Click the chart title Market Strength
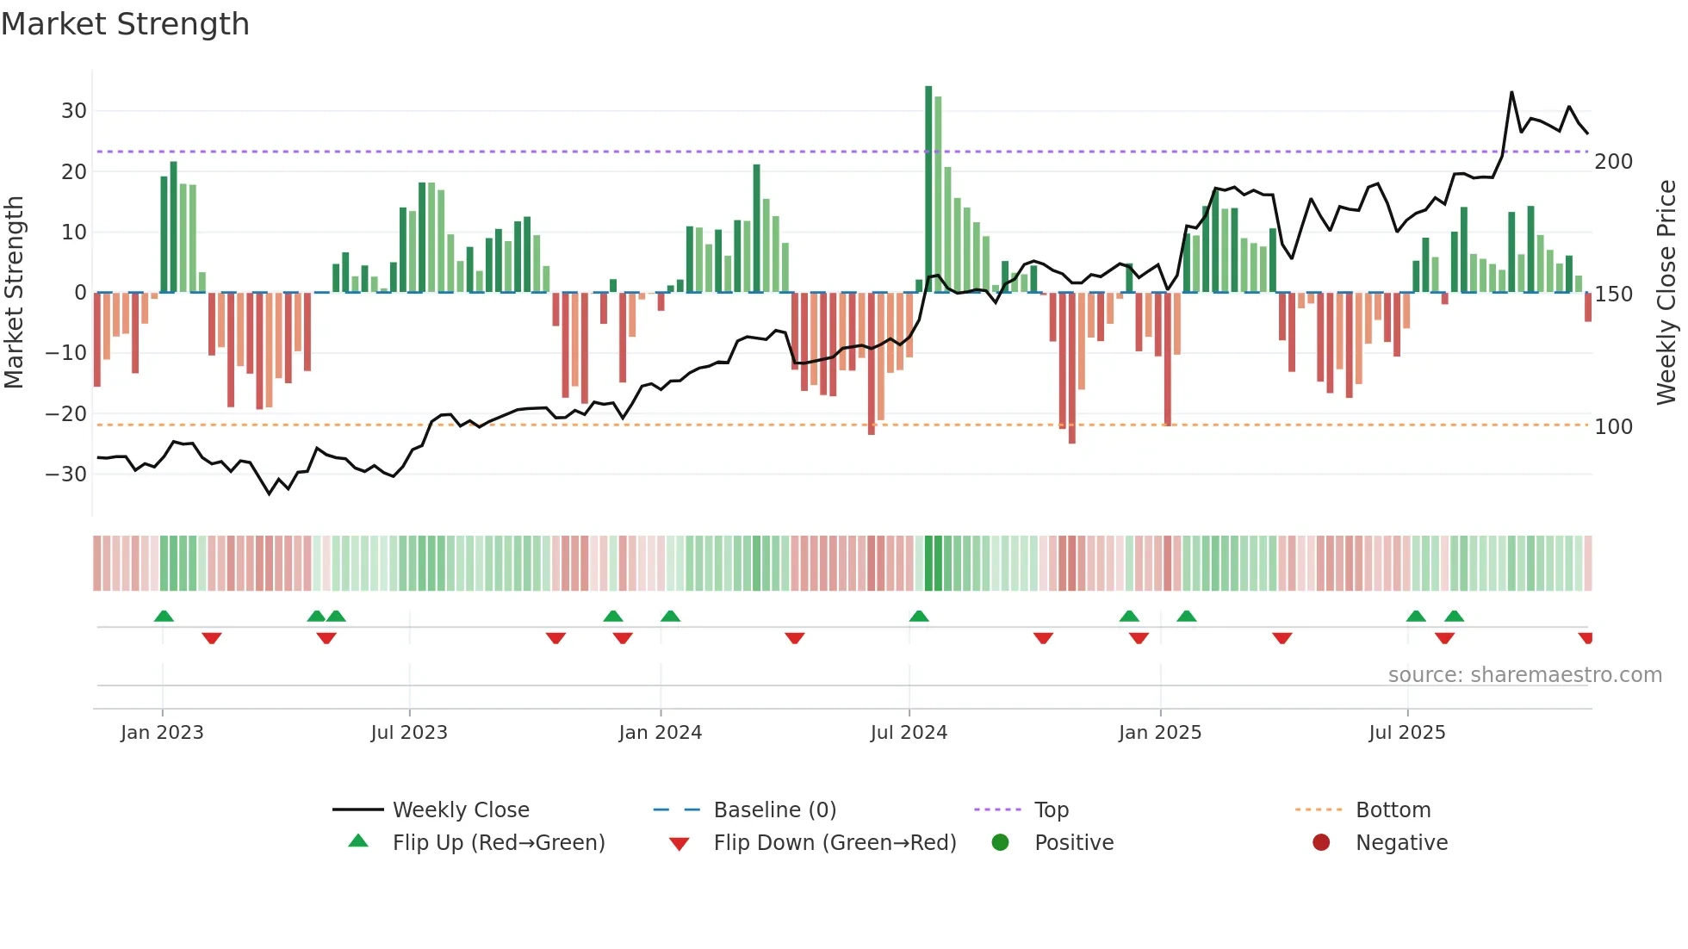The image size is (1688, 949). pyautogui.click(x=125, y=24)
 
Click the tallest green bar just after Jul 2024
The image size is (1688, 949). pyautogui.click(x=928, y=189)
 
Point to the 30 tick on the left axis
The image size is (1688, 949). pyautogui.click(x=73, y=111)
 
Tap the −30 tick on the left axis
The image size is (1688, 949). pyautogui.click(x=66, y=474)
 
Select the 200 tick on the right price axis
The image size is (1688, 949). pyautogui.click(x=1613, y=162)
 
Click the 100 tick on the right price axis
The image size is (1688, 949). pyautogui.click(x=1613, y=427)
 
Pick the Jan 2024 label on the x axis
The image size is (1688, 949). pyautogui.click(x=660, y=733)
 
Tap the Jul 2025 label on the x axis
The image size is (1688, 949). pyautogui.click(x=1406, y=733)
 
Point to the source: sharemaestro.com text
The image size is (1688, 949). pyautogui.click(x=1524, y=675)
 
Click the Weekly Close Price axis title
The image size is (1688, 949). pyautogui.click(x=1666, y=293)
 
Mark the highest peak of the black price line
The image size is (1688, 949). pyautogui.click(x=1511, y=92)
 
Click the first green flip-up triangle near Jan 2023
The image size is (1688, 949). pyautogui.click(x=164, y=616)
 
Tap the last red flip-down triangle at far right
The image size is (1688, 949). pyautogui.click(x=1586, y=638)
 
